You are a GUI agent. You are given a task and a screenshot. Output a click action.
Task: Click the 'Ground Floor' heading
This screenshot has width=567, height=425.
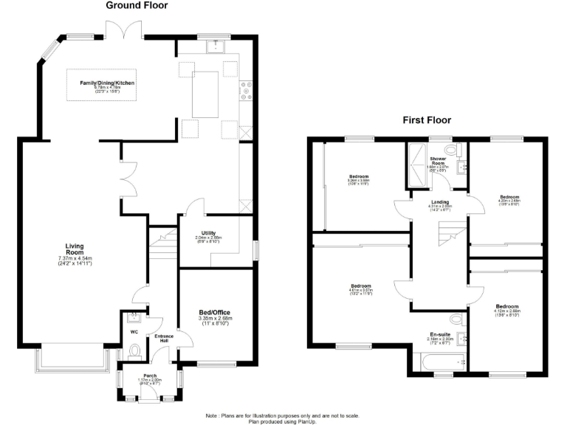pyautogui.click(x=137, y=6)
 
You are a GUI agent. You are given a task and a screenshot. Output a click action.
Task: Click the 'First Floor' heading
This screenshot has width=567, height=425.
pyautogui.click(x=426, y=120)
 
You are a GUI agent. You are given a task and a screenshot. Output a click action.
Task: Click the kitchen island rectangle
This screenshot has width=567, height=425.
pyautogui.click(x=207, y=94)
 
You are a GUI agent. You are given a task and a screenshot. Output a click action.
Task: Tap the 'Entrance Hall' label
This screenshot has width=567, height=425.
pyautogui.click(x=162, y=337)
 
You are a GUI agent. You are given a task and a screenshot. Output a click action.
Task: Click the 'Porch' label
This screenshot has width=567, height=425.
pyautogui.click(x=150, y=376)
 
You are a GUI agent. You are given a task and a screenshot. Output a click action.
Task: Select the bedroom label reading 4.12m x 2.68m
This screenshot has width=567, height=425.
pyautogui.click(x=507, y=308)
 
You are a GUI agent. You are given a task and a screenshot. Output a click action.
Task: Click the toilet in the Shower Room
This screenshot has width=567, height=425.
pyautogui.click(x=460, y=151)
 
